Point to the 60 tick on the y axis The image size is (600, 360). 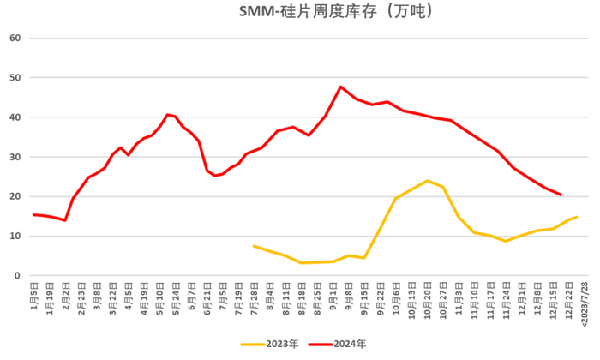point(15,38)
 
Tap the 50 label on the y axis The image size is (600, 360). point(15,77)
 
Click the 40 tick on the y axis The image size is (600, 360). point(15,117)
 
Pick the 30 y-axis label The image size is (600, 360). point(15,157)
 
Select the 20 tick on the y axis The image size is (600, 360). point(15,196)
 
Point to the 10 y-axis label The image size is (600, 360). point(15,236)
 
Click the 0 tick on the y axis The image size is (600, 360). point(17,275)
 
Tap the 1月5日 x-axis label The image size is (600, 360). point(35,293)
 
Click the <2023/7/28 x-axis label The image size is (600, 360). point(585,302)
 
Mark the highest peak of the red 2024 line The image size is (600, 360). point(341,87)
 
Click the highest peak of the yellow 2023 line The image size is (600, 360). point(427,181)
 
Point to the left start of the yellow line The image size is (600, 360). point(255,246)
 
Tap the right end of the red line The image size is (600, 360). point(561,195)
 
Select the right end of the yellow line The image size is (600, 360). point(576,217)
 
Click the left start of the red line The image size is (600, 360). point(34,214)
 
